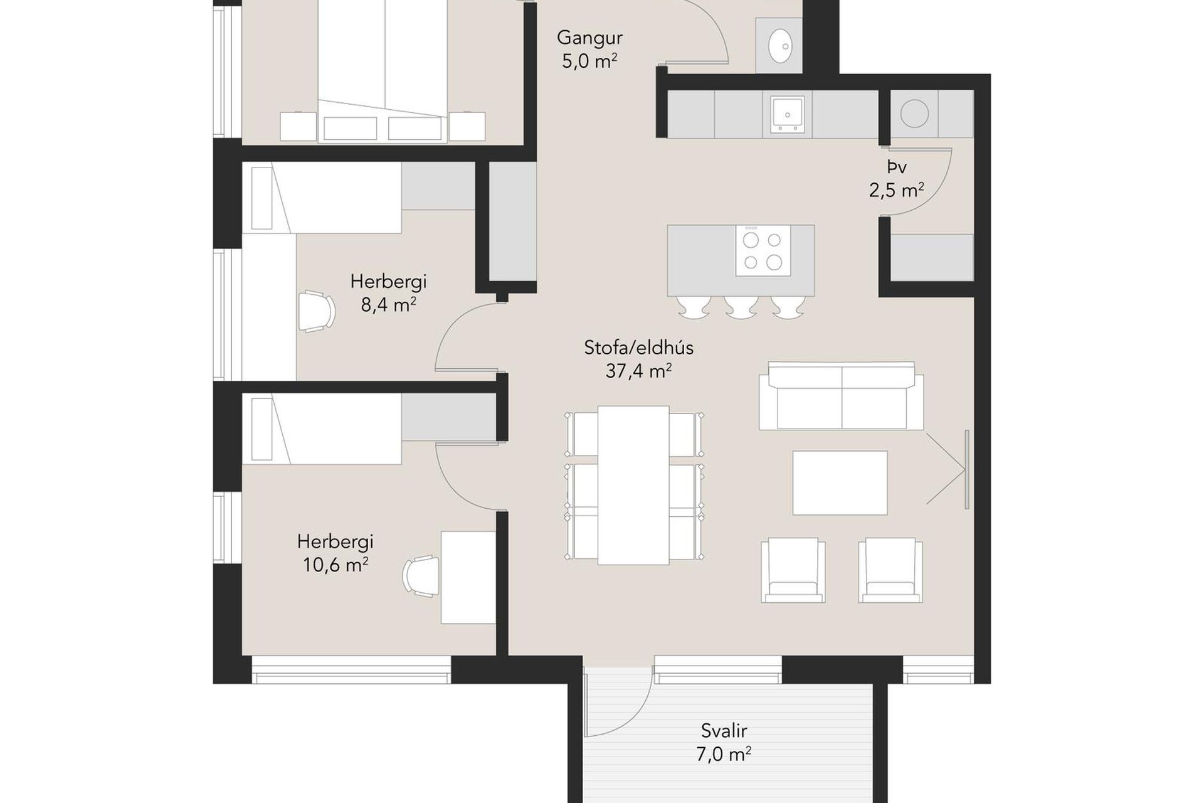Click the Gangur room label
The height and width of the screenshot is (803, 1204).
tap(589, 38)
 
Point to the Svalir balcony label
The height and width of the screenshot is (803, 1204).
tap(724, 730)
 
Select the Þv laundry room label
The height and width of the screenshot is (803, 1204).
tap(897, 167)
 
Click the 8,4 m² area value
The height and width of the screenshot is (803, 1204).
tap(388, 305)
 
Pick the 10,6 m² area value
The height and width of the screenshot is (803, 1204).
tap(335, 565)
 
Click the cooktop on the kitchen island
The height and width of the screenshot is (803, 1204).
tap(763, 250)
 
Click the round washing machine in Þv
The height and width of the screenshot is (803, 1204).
tap(914, 114)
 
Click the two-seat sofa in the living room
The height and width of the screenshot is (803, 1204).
tap(841, 396)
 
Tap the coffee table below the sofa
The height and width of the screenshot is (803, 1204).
tap(840, 482)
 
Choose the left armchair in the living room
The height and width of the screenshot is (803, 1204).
tap(793, 570)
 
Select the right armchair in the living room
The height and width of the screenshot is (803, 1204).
tap(890, 570)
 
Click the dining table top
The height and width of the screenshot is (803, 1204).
tap(633, 485)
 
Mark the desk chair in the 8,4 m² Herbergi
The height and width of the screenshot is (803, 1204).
tap(317, 311)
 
